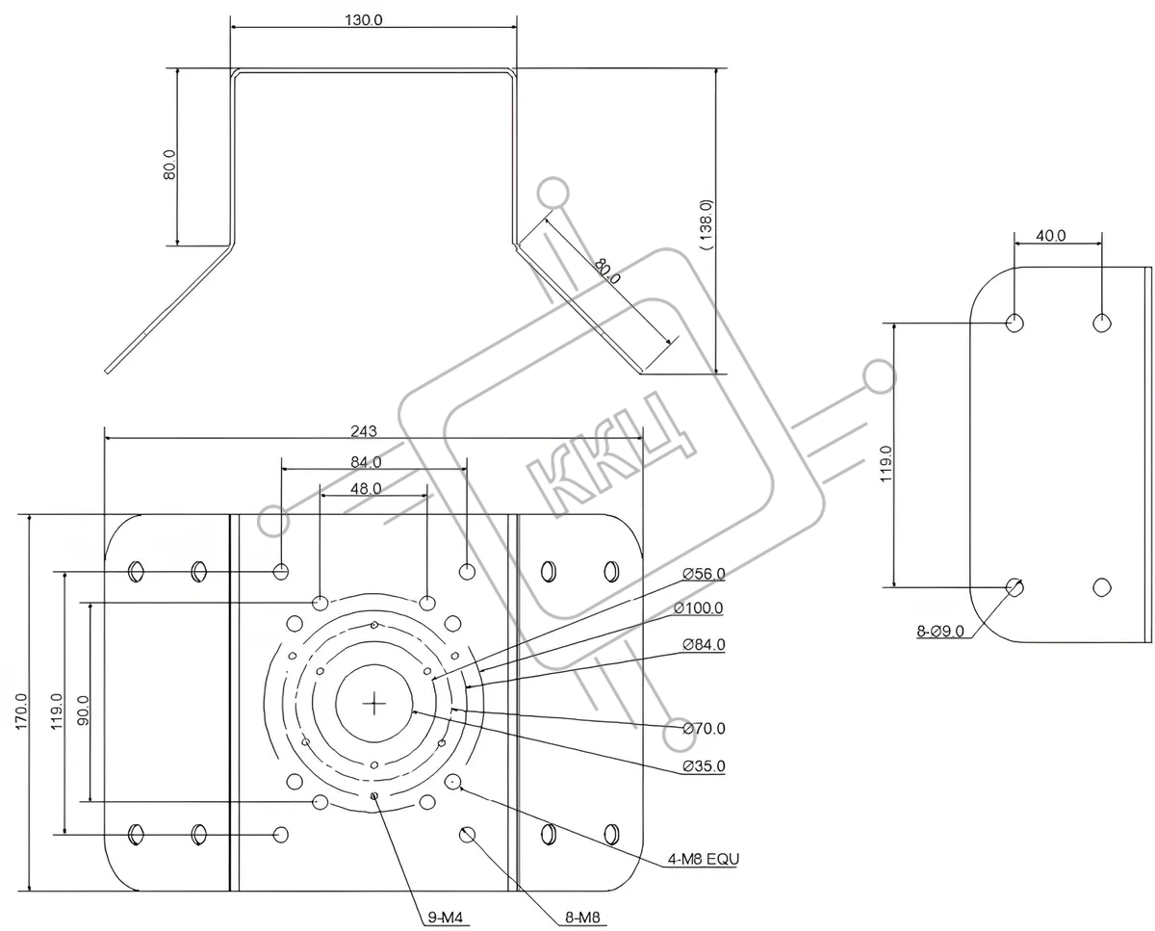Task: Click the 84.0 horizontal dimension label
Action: click(366, 461)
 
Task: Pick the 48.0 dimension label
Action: click(365, 488)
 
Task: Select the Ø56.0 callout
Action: click(704, 574)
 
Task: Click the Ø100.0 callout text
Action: click(698, 608)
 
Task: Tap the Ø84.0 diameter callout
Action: click(704, 644)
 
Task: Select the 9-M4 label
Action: click(446, 918)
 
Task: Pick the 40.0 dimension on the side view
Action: click(1050, 234)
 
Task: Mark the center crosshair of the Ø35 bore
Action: click(374, 704)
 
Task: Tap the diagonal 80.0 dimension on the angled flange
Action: click(607, 271)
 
